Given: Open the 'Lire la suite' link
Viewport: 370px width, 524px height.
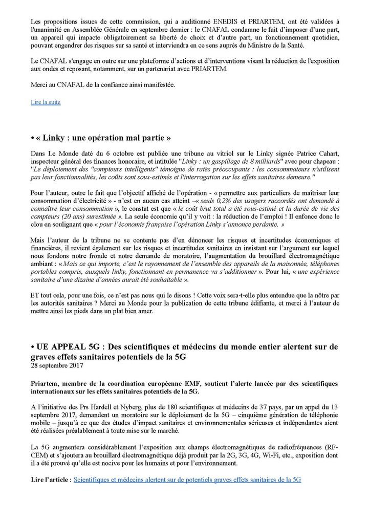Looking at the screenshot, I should [x=46, y=102].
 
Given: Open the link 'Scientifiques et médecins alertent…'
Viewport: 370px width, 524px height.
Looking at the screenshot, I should [x=187, y=479].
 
